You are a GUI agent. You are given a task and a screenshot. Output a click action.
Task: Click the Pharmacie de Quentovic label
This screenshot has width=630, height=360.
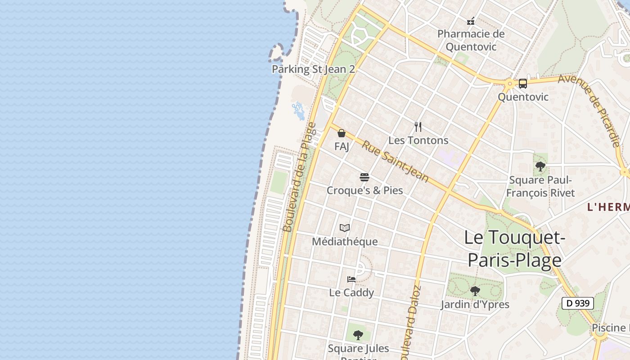coord(471,40)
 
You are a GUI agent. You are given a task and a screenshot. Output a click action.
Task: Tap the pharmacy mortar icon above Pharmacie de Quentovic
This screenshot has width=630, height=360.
coord(471,21)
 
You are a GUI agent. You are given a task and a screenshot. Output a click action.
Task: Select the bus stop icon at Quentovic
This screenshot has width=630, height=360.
coord(522,84)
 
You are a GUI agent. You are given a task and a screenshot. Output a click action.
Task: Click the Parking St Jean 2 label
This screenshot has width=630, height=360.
coord(313,69)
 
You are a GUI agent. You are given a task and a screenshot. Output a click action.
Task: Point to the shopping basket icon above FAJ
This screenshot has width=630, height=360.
coord(342,133)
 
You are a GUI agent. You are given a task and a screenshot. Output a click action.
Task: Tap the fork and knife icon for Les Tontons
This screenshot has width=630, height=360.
coord(418,127)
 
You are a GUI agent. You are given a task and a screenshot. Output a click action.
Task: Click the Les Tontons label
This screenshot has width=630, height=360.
coord(418,140)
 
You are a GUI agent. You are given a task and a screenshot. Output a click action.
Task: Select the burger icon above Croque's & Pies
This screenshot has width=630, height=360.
coord(364,177)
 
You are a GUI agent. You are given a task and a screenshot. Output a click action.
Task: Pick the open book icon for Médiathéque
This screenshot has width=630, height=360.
coord(345,228)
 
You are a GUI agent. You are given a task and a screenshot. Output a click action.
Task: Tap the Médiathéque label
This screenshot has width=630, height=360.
coord(345,242)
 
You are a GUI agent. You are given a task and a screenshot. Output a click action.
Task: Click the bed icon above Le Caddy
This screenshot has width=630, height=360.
coord(351,279)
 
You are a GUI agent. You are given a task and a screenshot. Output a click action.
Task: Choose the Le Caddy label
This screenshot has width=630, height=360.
coord(351,292)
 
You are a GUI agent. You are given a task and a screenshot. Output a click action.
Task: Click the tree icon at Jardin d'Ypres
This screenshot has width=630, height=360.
coord(475,291)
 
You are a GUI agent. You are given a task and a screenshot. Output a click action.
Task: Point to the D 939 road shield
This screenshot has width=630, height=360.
coord(578,303)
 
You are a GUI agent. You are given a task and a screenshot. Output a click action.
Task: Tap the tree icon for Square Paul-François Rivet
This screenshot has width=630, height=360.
coord(540,167)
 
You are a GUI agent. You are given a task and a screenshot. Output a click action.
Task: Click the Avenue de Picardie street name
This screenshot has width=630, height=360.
coord(590,110)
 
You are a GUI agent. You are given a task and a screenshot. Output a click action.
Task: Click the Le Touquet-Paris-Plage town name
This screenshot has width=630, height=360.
coord(514,249)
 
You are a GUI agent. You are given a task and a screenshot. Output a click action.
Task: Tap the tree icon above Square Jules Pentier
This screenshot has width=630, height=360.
coord(358,335)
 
